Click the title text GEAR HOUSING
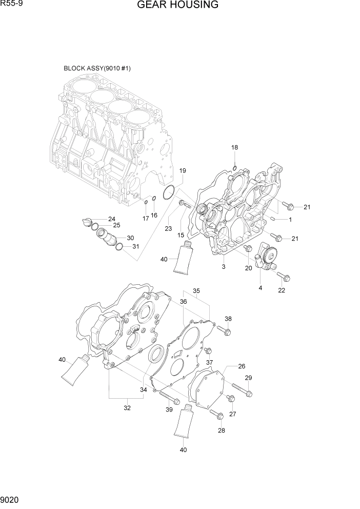178,6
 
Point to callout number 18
234,148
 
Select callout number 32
127,408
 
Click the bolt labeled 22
284,277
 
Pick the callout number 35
196,291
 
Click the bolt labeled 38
225,331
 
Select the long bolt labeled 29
242,390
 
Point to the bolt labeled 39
169,397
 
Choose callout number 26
242,366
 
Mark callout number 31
135,246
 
